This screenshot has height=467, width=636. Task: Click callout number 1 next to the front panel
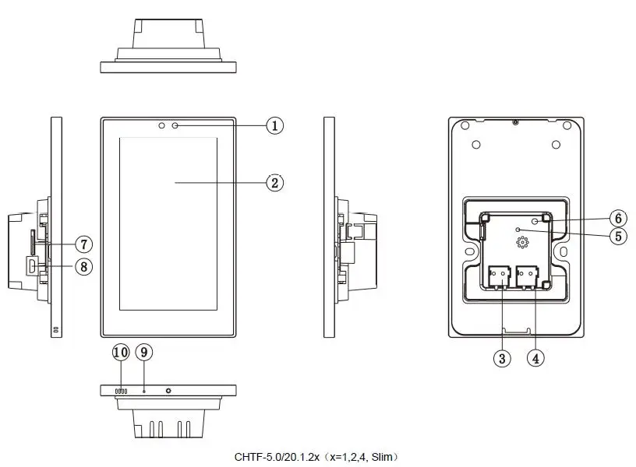pos(274,125)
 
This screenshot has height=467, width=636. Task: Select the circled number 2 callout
pos(274,182)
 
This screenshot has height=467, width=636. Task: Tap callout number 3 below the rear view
pos(503,358)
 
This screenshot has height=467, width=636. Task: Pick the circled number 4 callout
pos(535,358)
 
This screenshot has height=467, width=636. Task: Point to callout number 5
pos(618,236)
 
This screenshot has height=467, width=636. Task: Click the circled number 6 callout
pos(618,218)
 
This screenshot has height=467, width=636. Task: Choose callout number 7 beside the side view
pos(83,244)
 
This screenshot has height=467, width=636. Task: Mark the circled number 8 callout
pos(83,267)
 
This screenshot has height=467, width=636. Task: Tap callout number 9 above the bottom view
pos(143,352)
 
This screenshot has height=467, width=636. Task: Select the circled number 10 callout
pos(121,352)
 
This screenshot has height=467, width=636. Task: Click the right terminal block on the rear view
pos(528,276)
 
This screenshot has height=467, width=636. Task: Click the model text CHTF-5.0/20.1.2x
pos(277,457)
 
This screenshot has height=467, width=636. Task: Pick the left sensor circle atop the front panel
pos(161,125)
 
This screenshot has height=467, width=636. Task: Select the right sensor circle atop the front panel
pos(175,125)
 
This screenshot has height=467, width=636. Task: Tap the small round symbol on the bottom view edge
pos(168,388)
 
